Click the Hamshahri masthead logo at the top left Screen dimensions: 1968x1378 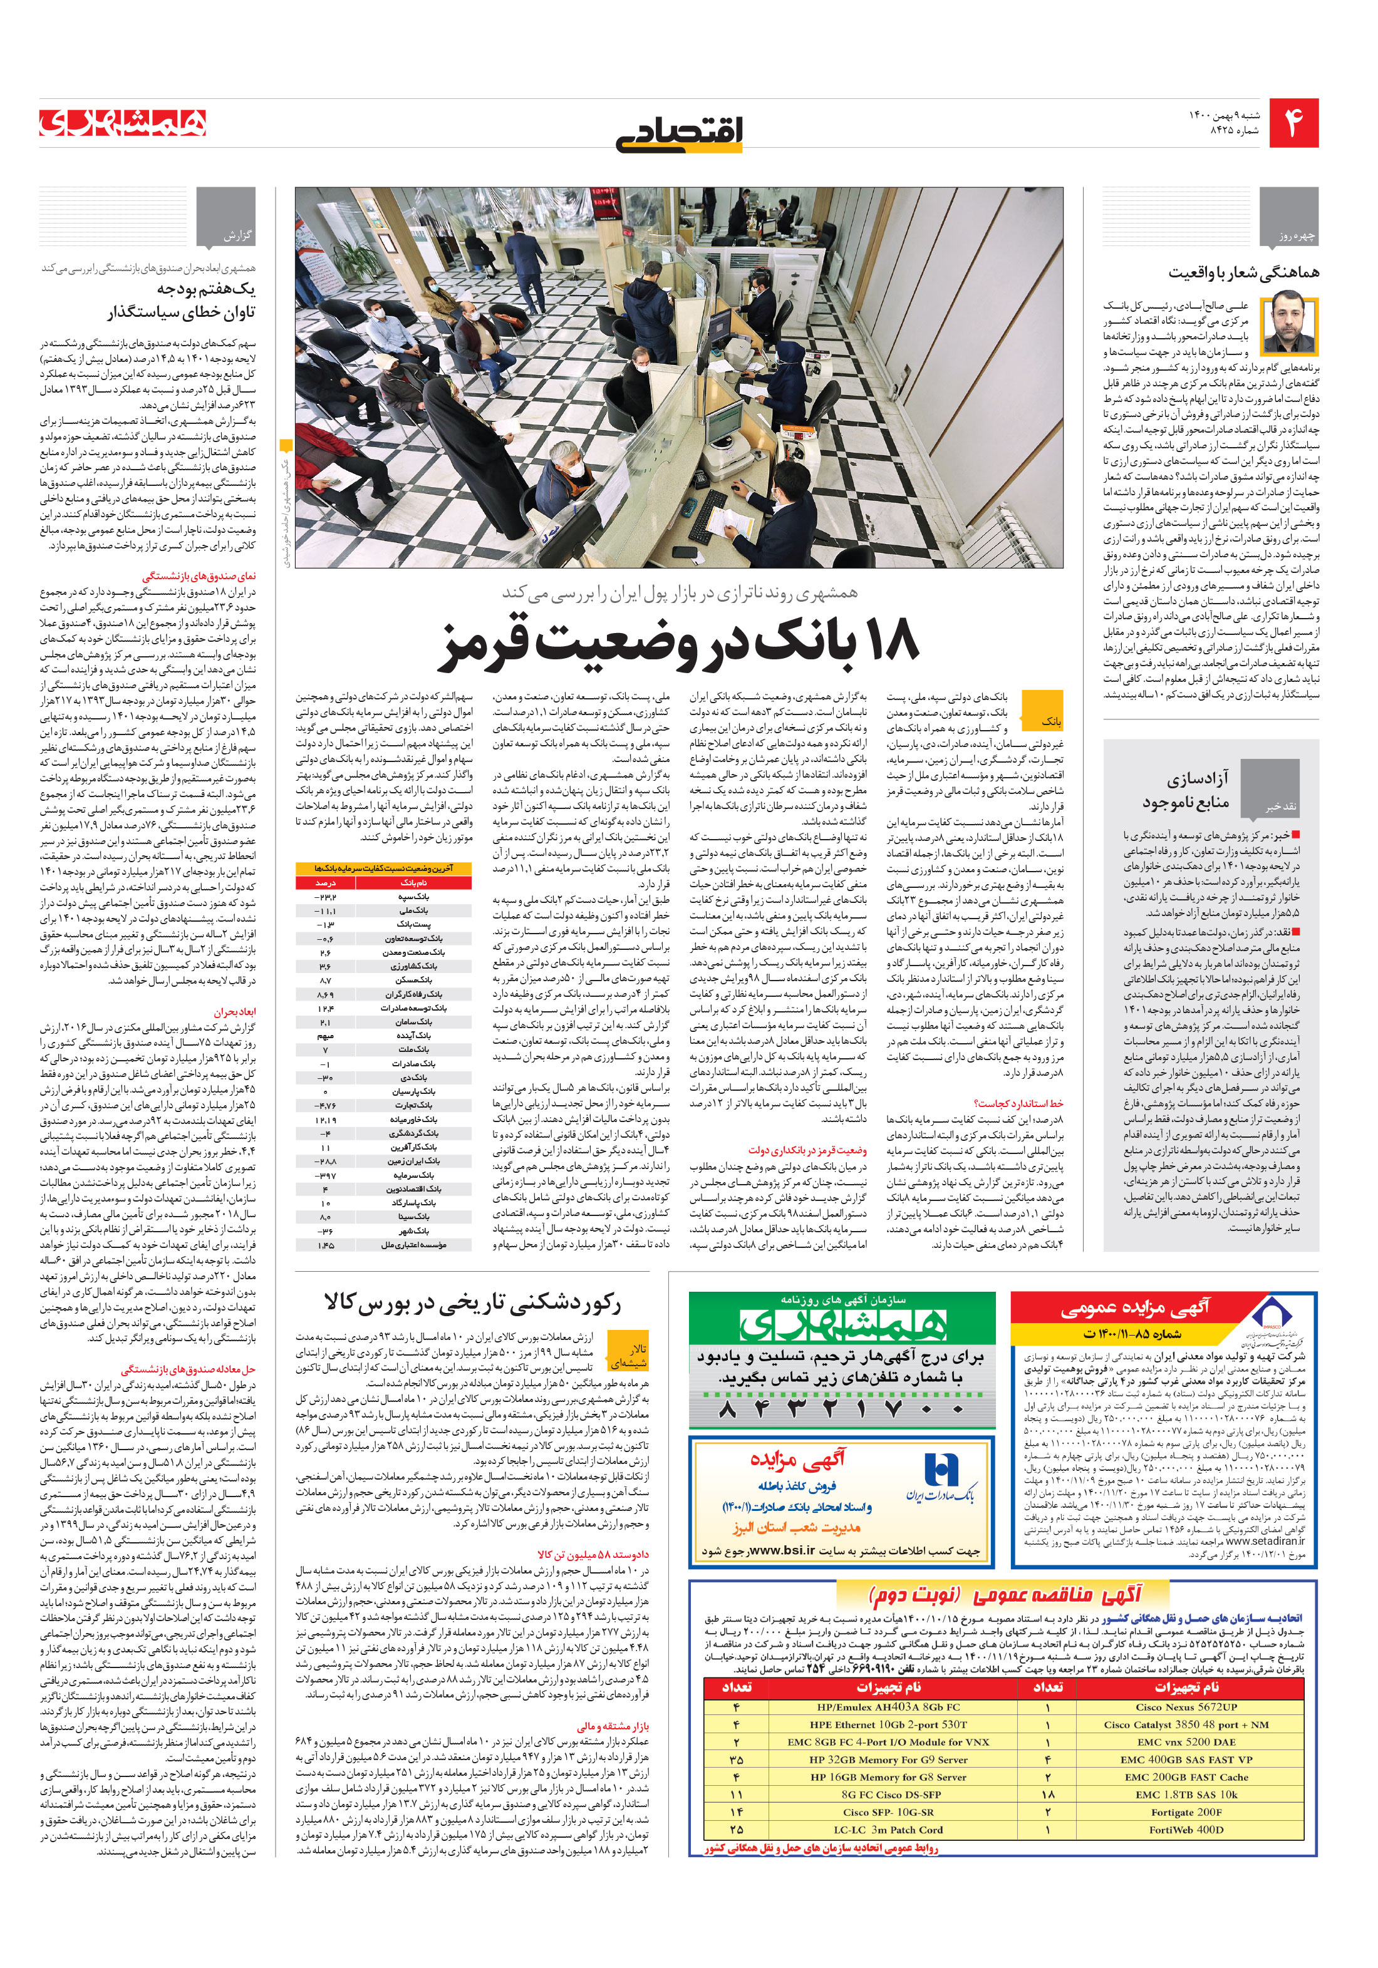123,123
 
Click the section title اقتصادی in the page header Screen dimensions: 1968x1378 679,133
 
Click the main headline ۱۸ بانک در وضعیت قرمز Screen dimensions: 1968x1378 679,641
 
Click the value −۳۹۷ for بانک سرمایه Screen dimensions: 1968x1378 326,1175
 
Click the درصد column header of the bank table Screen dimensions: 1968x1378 326,882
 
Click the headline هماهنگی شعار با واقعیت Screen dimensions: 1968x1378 1243,272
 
